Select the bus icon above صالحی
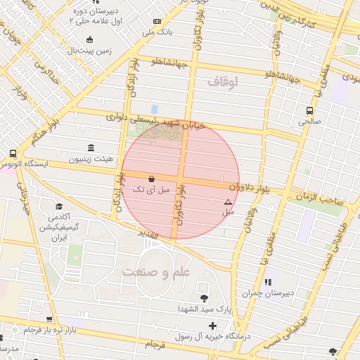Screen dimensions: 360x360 pyautogui.click(x=309, y=110)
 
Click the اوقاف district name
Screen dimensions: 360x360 pyautogui.click(x=224, y=82)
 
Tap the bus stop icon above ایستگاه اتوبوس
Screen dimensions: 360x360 pyautogui.click(x=13, y=154)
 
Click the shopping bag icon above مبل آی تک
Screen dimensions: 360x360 pyautogui.click(x=152, y=179)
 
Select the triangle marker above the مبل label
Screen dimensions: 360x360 pyautogui.click(x=227, y=202)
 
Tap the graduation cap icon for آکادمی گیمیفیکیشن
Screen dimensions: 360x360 pyautogui.click(x=60, y=206)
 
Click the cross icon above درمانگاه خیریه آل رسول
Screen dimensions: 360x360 pyautogui.click(x=212, y=326)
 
